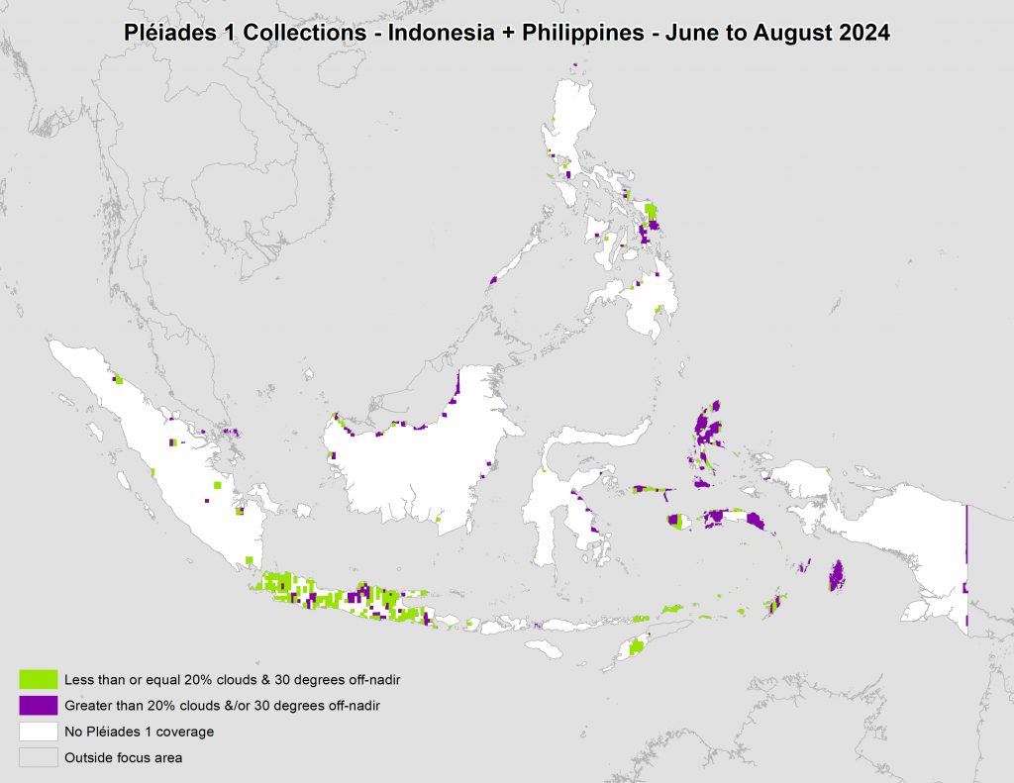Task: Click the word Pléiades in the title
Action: click(164, 32)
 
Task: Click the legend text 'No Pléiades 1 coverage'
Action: click(139, 733)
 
